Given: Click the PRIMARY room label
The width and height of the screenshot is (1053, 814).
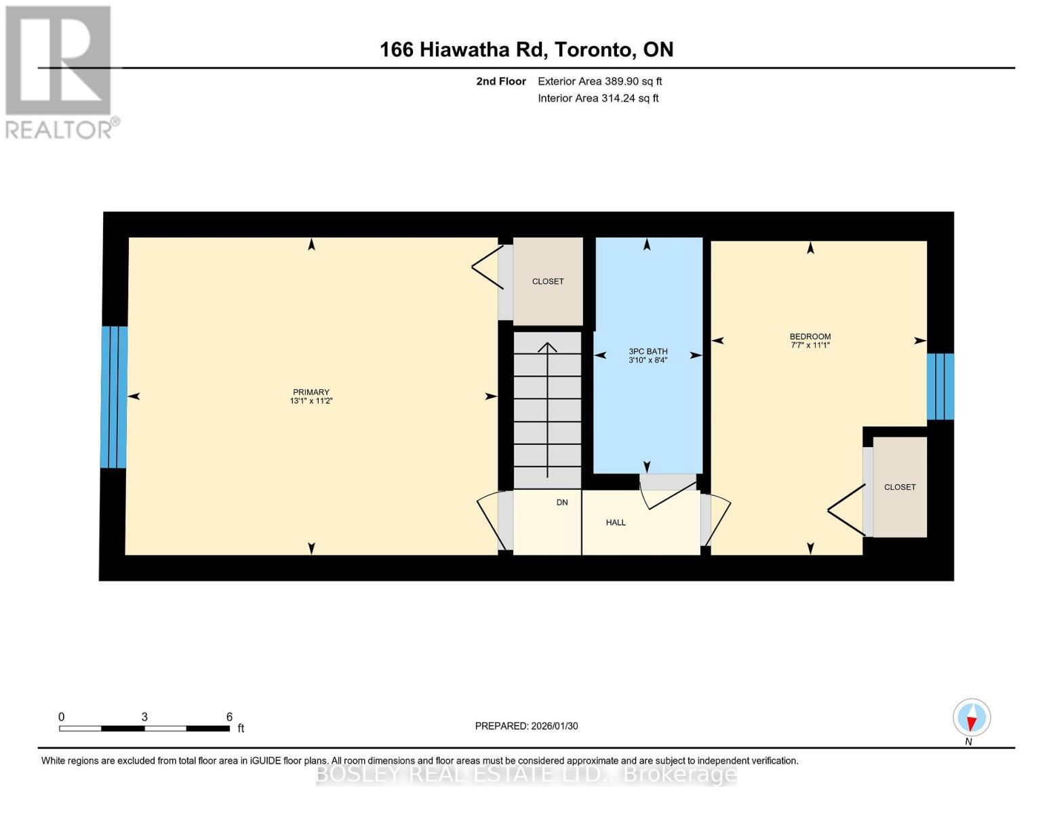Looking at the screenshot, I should (311, 392).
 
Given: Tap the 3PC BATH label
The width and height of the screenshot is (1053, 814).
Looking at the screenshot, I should (648, 351).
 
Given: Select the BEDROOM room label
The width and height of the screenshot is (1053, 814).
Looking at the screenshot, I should (810, 336).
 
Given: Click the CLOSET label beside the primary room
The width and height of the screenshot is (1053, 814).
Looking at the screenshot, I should (547, 282).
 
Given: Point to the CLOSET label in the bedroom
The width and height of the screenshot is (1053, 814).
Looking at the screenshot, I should (899, 487).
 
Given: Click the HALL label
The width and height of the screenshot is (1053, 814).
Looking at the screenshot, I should (616, 522).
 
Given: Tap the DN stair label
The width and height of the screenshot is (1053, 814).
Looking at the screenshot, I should (561, 503).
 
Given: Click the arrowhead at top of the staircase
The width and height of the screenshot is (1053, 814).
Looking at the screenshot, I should (547, 347).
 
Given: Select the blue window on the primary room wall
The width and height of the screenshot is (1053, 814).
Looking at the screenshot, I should (113, 397).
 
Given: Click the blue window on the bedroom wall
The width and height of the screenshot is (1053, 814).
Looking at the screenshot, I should (940, 387).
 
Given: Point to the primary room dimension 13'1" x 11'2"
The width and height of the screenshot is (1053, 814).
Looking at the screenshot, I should (311, 401).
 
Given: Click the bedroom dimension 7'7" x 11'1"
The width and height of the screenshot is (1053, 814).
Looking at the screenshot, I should (810, 345).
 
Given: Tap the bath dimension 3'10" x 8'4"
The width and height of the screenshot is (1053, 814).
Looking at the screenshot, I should (648, 360).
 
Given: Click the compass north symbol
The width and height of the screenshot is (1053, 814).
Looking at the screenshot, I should (971, 718).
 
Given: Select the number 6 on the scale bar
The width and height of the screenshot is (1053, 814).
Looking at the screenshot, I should (229, 717).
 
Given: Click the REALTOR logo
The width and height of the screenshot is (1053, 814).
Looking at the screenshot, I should (60, 71).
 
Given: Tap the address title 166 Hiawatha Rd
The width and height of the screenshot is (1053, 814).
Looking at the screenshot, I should (526, 50).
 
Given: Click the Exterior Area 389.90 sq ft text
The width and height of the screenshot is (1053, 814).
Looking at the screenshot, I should (599, 81).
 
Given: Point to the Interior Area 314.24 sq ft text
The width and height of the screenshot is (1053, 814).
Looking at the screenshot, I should (598, 98).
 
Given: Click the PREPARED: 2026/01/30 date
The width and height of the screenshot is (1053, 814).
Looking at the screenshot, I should (526, 726).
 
